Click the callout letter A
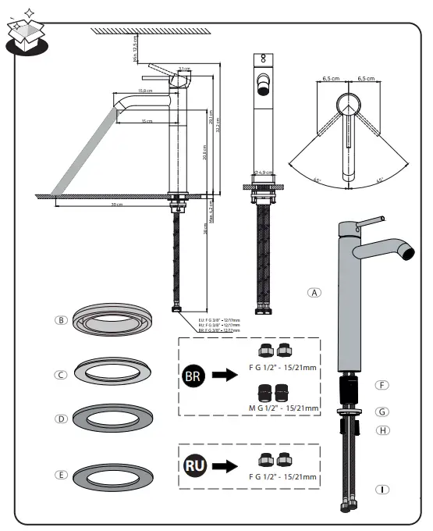(x=314, y=293)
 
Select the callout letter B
(x=60, y=319)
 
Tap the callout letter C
(x=60, y=374)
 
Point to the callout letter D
(x=60, y=419)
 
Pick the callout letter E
(x=60, y=474)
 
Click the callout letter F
(x=382, y=385)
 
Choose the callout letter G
(x=382, y=412)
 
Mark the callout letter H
(x=382, y=430)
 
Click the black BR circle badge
(x=194, y=376)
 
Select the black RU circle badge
(x=194, y=466)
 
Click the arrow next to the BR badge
(x=226, y=376)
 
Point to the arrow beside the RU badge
(x=226, y=466)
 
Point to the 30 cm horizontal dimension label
(x=116, y=205)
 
